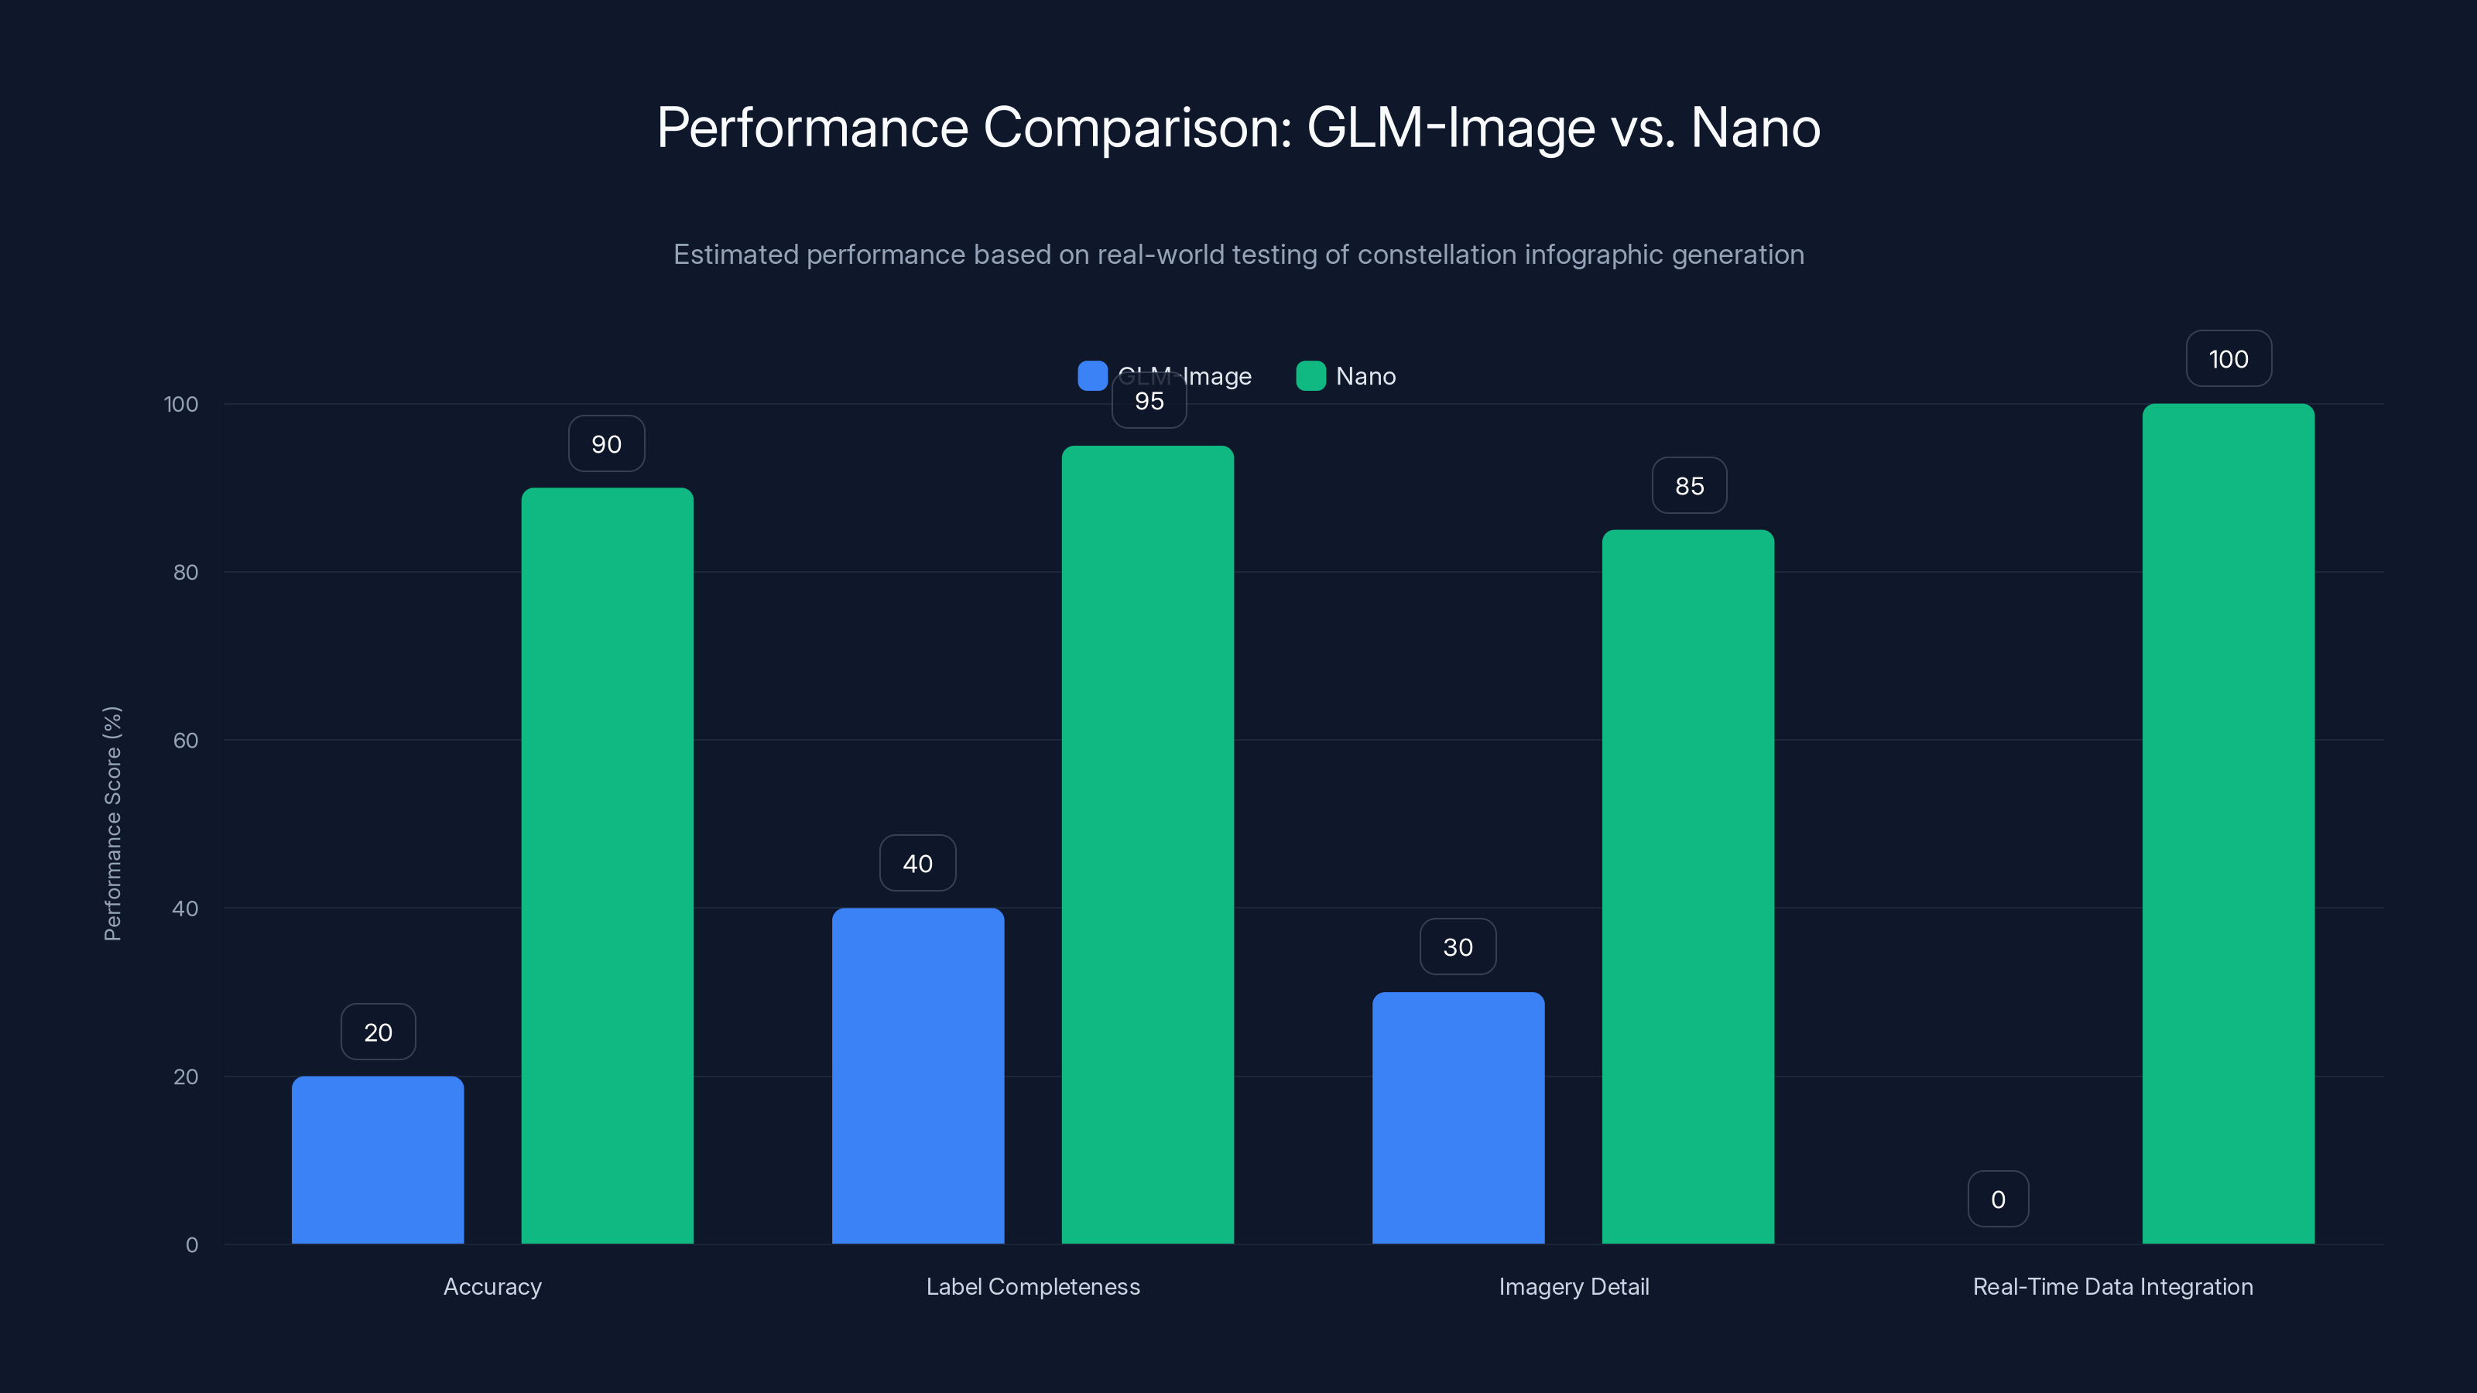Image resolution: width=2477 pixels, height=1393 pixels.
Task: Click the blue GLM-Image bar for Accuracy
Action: [377, 1159]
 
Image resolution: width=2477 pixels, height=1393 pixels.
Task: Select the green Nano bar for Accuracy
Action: [607, 865]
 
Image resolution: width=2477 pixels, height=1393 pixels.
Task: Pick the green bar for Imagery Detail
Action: [1687, 886]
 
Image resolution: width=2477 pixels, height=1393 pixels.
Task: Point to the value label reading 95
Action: [1149, 401]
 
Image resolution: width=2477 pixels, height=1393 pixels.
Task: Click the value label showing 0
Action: [1998, 1199]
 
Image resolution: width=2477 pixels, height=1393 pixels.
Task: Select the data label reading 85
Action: [1690, 485]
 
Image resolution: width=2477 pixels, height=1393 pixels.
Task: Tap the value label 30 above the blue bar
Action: [1458, 947]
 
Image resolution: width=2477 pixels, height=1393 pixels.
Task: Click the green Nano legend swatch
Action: [1310, 376]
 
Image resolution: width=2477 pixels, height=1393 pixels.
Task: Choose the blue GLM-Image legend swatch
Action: [1092, 376]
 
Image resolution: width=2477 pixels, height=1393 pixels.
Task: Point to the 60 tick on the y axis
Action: [186, 741]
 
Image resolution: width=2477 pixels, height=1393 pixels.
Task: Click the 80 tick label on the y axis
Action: [186, 572]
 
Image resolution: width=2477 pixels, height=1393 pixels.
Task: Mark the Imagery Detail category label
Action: [1573, 1286]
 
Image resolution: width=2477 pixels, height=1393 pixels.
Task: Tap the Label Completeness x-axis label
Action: [1033, 1286]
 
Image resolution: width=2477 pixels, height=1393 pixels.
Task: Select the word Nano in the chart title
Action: [1755, 127]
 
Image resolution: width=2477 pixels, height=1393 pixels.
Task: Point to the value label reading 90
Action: [607, 443]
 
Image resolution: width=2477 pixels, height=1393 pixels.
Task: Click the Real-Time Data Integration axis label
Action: [2112, 1286]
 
